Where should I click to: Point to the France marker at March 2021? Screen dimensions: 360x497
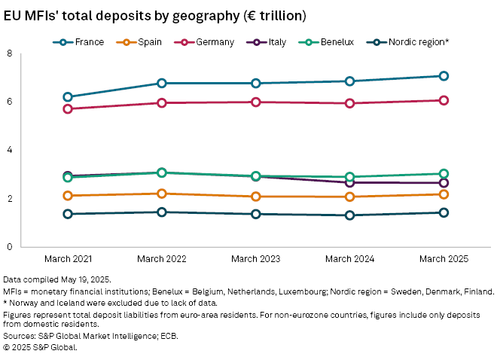click(68, 96)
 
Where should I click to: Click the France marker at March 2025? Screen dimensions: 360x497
click(444, 76)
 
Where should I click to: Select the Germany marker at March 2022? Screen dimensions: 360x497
click(162, 102)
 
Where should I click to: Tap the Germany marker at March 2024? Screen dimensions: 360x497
click(349, 103)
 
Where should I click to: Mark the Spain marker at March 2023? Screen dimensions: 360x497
click(256, 197)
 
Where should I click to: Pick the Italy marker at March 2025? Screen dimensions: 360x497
click(444, 183)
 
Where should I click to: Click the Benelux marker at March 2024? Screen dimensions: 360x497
click(349, 177)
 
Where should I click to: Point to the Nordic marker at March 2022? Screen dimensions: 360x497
click(162, 212)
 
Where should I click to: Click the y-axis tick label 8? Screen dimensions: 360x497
click(9, 53)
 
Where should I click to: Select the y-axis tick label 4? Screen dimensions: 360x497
click(9, 151)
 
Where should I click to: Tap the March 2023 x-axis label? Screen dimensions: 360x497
click(256, 258)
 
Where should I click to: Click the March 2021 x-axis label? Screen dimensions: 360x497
click(68, 258)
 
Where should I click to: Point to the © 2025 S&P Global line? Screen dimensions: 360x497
click(41, 348)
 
